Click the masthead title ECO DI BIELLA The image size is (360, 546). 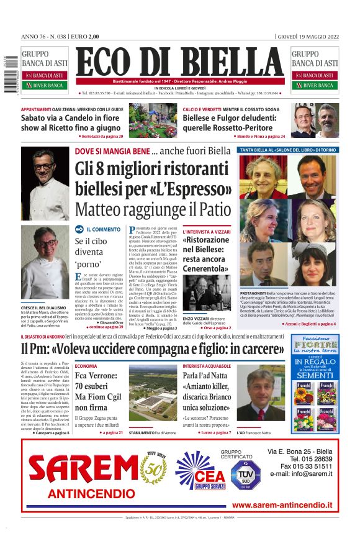pos(181,64)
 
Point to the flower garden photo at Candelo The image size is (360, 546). pos(153,119)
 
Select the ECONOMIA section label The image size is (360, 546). pos(86,366)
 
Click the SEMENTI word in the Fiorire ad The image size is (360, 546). pos(315,375)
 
